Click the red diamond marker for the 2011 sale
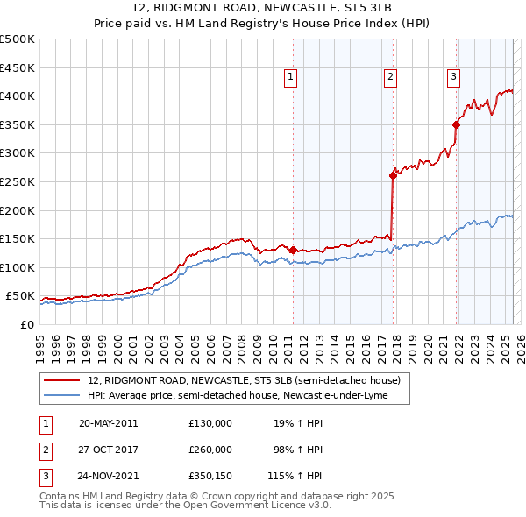[x=293, y=250]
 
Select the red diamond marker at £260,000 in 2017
[x=393, y=175]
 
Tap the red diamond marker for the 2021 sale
[x=457, y=124]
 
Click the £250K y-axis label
[x=18, y=181]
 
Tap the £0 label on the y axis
[x=27, y=324]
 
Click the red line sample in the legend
[x=61, y=380]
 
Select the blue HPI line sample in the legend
[x=61, y=395]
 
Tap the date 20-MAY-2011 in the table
[x=108, y=423]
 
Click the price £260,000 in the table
[x=210, y=450]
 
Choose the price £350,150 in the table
[x=210, y=476]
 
